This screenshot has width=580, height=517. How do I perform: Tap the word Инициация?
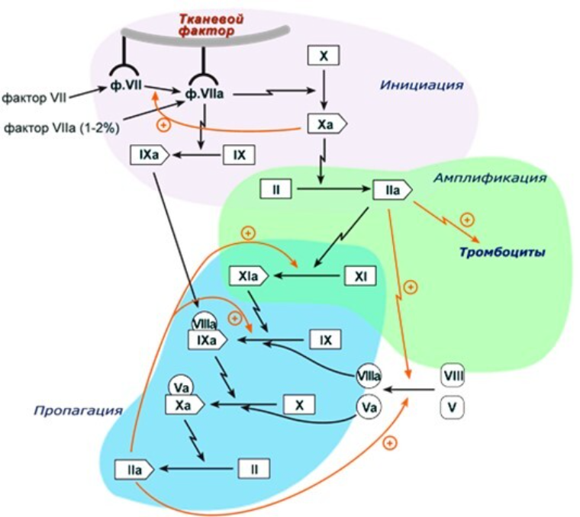421,85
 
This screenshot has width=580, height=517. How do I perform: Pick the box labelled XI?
361,275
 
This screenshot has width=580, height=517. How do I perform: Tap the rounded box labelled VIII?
453,375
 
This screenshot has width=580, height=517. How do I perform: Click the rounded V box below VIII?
453,407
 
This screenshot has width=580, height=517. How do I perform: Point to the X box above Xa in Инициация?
323,55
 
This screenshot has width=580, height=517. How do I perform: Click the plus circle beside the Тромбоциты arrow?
467,220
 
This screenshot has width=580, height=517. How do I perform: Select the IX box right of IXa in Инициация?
238,155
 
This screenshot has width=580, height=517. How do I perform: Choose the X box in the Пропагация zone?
299,403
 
